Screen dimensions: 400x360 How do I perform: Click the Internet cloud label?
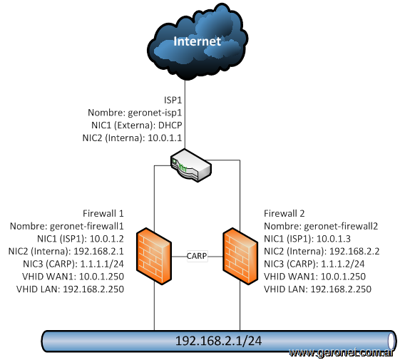click(197, 41)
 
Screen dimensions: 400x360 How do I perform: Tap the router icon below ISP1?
click(191, 165)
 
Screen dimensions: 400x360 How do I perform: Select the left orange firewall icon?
click(154, 256)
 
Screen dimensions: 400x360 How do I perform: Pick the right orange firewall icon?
click(240, 256)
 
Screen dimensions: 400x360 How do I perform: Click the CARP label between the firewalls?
click(197, 256)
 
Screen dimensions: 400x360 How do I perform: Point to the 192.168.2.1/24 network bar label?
click(218, 341)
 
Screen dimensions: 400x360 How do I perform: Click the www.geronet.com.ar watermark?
click(342, 352)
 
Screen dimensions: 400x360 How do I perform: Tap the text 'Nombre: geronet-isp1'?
click(135, 113)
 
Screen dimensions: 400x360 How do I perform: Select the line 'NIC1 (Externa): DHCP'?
click(136, 125)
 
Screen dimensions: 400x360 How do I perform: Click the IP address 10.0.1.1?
click(165, 138)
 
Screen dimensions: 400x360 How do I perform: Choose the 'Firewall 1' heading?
click(103, 213)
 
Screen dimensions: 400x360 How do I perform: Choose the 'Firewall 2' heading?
click(284, 213)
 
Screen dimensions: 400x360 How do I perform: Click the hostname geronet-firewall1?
click(87, 226)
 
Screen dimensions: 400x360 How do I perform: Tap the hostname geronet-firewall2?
click(341, 226)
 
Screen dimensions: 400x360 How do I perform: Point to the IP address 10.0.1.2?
click(107, 239)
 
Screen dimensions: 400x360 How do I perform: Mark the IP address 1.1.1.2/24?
click(342, 264)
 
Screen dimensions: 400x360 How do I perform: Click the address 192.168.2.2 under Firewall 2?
click(354, 251)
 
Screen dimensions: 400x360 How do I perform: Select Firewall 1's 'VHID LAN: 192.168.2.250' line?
click(70, 289)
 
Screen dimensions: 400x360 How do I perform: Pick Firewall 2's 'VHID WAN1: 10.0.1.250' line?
click(314, 277)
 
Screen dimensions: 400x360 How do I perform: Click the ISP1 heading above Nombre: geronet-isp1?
click(173, 100)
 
